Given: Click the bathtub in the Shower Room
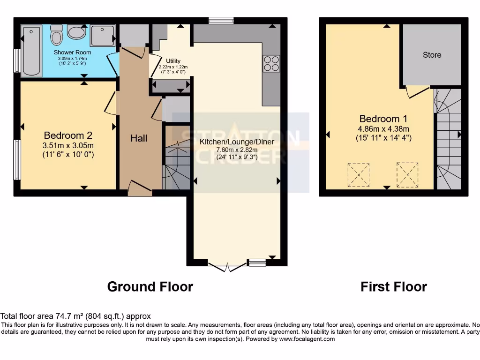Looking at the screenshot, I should [x=32, y=52].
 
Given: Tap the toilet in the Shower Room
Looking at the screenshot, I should [x=57, y=36].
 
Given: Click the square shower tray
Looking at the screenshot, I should [x=102, y=36].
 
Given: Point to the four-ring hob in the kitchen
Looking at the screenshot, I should [x=271, y=63].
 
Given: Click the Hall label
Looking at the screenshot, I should [x=139, y=138].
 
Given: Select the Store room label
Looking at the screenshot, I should [x=432, y=55].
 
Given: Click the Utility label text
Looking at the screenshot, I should [x=172, y=61].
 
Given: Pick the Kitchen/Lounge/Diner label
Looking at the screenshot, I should [x=237, y=142].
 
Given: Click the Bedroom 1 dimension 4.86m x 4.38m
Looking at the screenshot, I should [x=384, y=129].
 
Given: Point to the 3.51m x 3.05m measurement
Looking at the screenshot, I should [x=68, y=145].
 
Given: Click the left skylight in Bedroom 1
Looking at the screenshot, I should [x=358, y=174].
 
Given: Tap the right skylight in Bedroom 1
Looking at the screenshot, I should [x=407, y=174].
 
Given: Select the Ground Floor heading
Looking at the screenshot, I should [x=150, y=286].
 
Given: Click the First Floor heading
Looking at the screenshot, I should [x=394, y=286].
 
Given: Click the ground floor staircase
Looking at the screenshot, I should [x=176, y=159].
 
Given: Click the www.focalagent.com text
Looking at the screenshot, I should [x=307, y=339].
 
